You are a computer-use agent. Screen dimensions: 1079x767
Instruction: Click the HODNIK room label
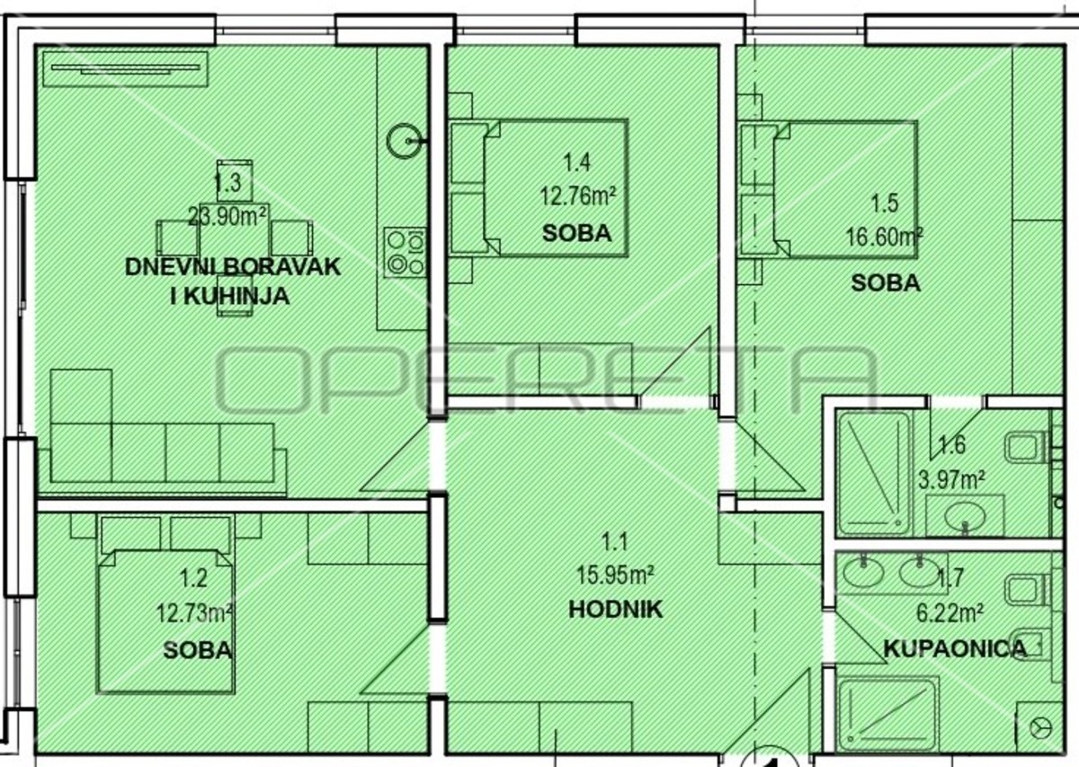coord(616,610)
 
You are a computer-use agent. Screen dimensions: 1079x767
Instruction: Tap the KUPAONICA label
coord(956,649)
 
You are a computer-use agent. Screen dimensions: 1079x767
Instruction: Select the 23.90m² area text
coord(227,217)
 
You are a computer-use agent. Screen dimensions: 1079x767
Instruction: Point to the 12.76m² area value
coord(577,197)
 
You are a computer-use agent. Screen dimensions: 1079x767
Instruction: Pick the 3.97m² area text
coord(951,481)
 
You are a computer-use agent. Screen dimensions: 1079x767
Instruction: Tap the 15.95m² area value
coord(615,575)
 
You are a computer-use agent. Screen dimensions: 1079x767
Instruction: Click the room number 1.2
coord(193,578)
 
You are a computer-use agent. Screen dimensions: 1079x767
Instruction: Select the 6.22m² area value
coord(950,614)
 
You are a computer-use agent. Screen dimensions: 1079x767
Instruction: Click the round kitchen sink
coord(404,140)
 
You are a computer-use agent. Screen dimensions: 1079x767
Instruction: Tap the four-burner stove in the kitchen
coord(406,252)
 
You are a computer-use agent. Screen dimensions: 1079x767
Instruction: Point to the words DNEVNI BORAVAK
coord(233,267)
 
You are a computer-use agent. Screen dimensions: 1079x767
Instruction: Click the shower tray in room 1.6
coord(873,473)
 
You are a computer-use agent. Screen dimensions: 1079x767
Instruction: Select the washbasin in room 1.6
coord(965,516)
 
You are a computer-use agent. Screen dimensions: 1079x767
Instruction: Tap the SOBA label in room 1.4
coord(576,234)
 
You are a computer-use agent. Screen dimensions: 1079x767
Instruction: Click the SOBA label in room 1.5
coord(886,283)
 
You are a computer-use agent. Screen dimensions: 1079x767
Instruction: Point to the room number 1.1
coord(615,543)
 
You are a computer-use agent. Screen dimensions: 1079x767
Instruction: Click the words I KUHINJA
coord(230,297)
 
